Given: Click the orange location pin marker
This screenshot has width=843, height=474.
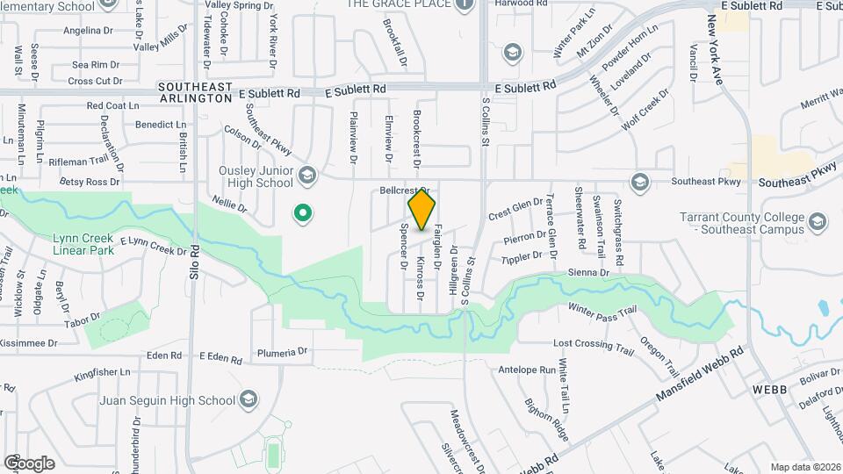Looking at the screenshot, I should [421, 209].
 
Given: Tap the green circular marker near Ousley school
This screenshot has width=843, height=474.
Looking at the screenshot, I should [303, 212].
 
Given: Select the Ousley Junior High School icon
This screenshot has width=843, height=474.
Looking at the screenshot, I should [306, 176].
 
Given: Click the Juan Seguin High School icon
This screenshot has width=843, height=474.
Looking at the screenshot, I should [249, 400].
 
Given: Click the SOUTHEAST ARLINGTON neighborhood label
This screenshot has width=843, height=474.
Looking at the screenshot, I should [195, 93].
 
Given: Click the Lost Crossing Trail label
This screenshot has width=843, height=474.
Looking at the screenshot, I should [593, 348].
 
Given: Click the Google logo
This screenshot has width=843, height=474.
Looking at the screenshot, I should [29, 463].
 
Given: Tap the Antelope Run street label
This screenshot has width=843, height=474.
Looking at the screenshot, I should [527, 370].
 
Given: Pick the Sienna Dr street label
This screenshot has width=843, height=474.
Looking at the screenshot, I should [588, 273].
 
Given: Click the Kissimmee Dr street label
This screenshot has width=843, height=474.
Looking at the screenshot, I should [28, 343].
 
